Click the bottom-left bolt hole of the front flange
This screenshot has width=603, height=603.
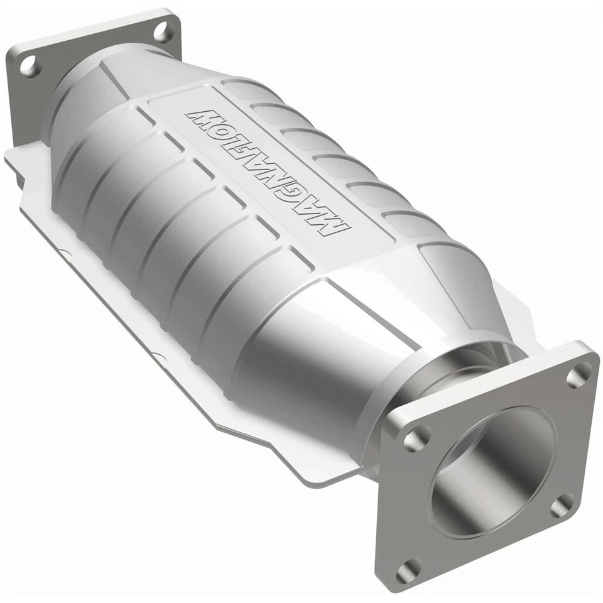[x=409, y=570]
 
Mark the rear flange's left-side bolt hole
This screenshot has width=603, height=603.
[x=29, y=65]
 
